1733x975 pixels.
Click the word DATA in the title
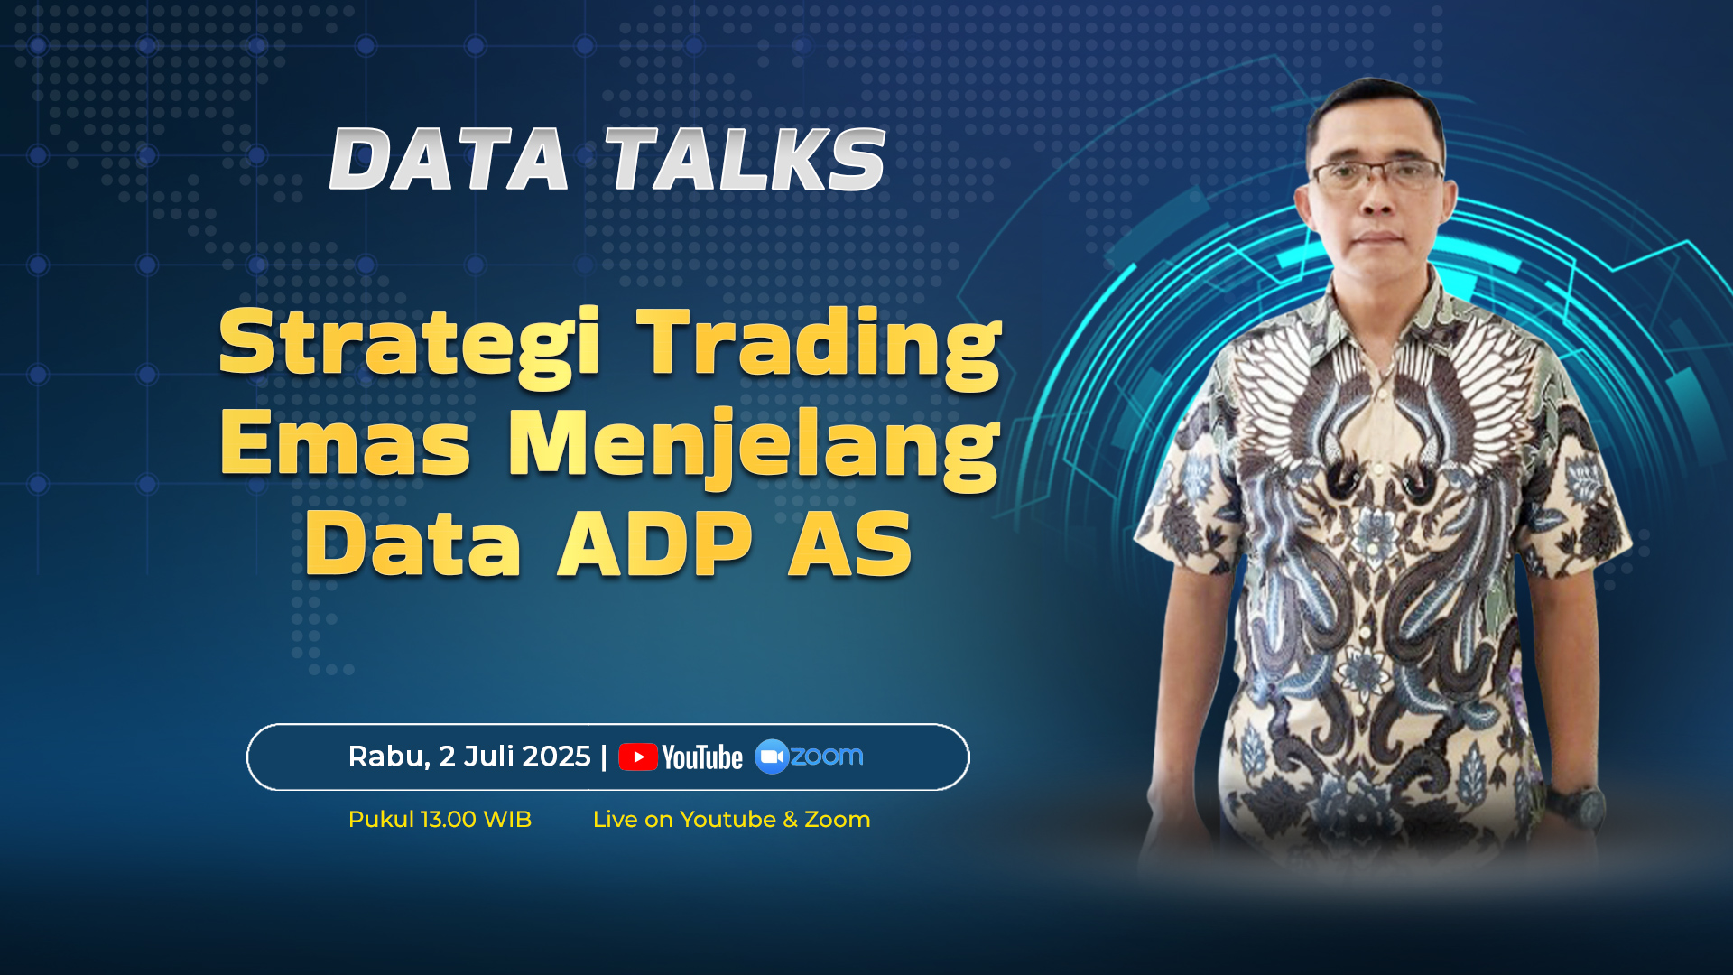pos(449,159)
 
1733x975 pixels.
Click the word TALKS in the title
pos(745,159)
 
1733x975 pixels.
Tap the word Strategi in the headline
pos(409,345)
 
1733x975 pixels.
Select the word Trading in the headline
pos(820,345)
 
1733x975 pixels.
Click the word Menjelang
pos(755,448)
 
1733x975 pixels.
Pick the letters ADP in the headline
pos(655,544)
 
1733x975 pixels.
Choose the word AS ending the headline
pos(850,544)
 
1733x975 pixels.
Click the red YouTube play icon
pos(638,757)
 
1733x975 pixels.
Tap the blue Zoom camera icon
pos(772,757)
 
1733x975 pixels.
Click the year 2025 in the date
pos(557,757)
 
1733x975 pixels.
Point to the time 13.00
pos(449,820)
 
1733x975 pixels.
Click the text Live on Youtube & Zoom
pos(731,820)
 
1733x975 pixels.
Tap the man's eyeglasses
pos(1377,173)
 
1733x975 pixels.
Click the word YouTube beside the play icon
pos(702,757)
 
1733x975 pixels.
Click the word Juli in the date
pos(487,757)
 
